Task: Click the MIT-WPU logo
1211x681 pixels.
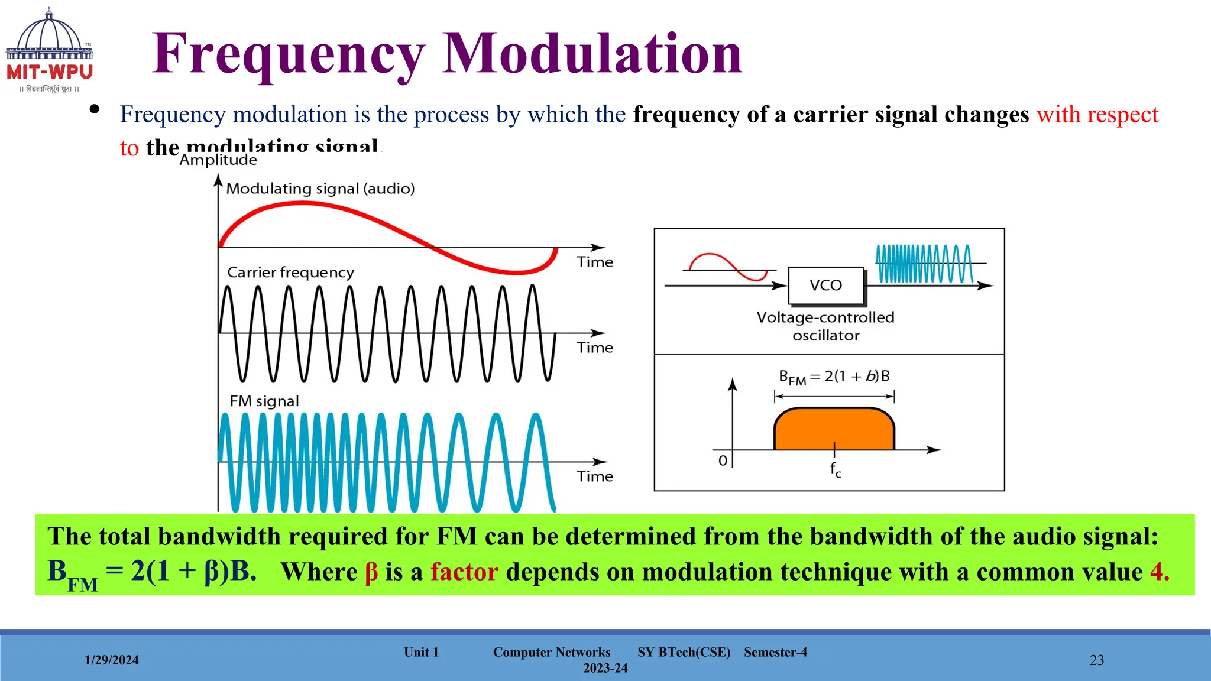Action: coord(50,51)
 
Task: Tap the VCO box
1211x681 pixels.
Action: coord(826,286)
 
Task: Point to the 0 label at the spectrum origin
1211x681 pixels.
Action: coord(723,461)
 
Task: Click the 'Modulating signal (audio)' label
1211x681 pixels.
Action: coord(320,189)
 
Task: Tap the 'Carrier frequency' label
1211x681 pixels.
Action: coord(290,273)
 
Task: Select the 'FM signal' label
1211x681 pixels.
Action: coord(264,401)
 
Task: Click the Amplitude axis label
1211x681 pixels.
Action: coord(218,160)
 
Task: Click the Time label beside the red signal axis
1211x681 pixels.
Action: coord(595,262)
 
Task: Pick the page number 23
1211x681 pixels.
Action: coord(1096,660)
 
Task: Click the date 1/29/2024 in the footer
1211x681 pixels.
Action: coord(112,660)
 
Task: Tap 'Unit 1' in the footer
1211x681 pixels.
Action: coord(421,652)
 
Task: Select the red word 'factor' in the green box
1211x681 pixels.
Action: coord(464,572)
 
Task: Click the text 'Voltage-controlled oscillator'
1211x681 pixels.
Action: coord(825,326)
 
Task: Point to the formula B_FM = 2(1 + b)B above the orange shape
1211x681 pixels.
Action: coord(834,377)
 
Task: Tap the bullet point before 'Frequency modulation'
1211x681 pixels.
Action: coord(94,109)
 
